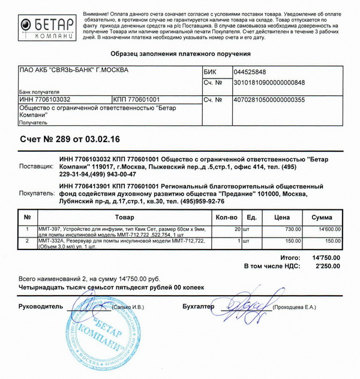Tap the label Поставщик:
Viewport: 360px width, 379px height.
[x=37, y=166]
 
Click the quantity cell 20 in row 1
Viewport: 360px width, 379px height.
[x=237, y=229]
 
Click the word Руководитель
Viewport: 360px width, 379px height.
[x=40, y=306]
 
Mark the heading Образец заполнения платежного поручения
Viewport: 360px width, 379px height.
[x=180, y=54]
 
